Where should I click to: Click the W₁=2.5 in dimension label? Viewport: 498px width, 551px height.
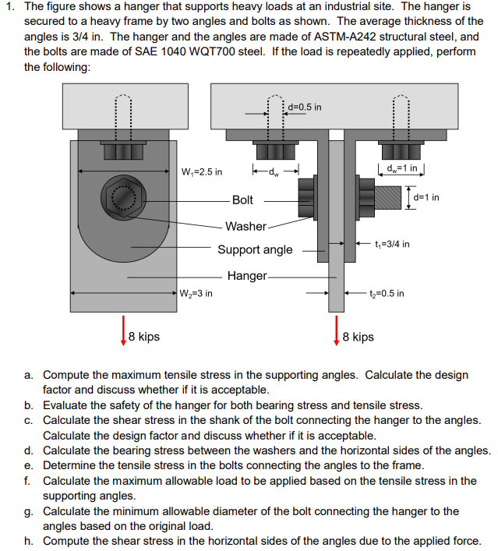[x=201, y=171]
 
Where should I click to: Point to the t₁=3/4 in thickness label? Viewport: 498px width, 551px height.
[x=392, y=244]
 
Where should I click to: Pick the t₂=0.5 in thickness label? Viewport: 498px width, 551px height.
[x=387, y=294]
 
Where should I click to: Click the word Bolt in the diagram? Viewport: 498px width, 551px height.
[x=242, y=200]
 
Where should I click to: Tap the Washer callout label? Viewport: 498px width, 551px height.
[x=245, y=226]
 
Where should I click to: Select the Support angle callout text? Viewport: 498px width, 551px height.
[x=255, y=249]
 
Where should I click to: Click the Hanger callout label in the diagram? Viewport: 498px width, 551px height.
[x=247, y=276]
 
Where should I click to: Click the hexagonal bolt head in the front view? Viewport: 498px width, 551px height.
[x=119, y=196]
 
